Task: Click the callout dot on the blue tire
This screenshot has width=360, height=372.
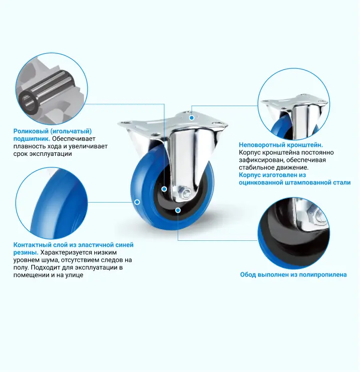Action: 137,202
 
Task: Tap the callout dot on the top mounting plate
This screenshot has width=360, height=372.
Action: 192,118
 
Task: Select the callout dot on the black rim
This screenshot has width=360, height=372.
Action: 178,210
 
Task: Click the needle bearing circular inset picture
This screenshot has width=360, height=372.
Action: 52,88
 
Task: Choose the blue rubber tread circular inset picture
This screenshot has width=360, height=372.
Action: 52,203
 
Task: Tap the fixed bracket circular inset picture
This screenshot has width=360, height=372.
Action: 294,104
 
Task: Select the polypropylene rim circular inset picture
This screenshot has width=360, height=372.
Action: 294,233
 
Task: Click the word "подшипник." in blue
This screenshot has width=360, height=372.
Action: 32,139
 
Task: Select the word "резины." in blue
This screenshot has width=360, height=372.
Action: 26,252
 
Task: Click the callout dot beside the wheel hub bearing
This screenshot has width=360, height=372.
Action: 164,189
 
